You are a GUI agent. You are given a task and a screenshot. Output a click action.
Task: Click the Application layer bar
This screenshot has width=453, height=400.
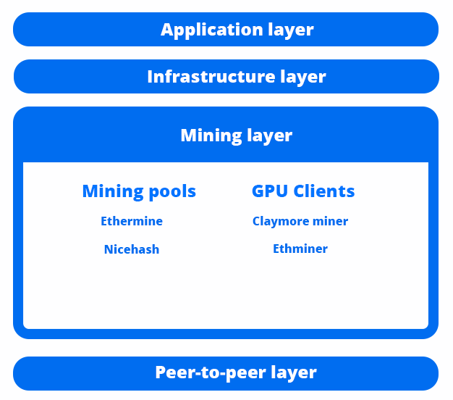[226, 30]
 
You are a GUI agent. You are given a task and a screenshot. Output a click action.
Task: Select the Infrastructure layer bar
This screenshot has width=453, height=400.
[226, 77]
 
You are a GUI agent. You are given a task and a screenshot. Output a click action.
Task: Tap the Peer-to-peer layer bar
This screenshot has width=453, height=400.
[226, 373]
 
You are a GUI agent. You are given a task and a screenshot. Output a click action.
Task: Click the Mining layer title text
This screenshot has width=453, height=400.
[236, 136]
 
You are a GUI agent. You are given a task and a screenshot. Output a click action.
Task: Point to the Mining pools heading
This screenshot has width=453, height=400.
[139, 191]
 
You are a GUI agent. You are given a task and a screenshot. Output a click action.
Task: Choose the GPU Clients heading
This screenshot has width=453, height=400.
[303, 191]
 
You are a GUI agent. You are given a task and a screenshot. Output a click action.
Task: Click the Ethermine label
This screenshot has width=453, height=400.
[132, 221]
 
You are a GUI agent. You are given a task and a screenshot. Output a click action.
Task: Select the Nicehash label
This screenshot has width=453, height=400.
[132, 249]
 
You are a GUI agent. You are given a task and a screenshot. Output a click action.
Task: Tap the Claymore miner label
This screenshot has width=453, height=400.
[300, 221]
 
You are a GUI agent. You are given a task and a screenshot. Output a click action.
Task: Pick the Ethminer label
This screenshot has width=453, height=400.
[300, 249]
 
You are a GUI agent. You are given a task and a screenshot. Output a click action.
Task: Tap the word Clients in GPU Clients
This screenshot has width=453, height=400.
[322, 191]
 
